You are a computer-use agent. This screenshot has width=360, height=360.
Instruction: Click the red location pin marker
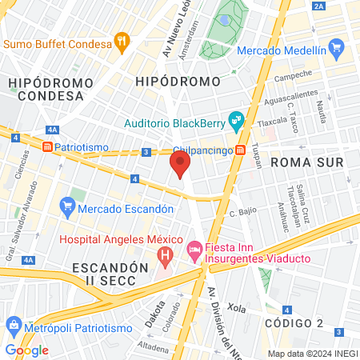[x=180, y=166]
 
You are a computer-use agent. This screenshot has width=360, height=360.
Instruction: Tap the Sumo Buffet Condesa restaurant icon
[x=122, y=41]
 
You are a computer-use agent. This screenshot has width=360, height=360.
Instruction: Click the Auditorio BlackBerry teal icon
[x=236, y=122]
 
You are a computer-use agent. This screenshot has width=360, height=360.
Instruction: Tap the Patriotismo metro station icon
[x=48, y=147]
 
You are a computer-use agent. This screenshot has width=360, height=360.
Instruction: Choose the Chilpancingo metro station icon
[x=240, y=150]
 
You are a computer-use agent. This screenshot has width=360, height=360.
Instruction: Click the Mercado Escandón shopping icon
[x=67, y=209]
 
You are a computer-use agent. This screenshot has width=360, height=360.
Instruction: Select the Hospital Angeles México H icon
[x=166, y=256]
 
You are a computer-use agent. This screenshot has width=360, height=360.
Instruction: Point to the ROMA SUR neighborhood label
[x=307, y=162]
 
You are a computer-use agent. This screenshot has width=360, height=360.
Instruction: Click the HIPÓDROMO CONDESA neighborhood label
[x=46, y=89]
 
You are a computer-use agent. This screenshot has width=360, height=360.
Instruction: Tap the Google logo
[x=26, y=350]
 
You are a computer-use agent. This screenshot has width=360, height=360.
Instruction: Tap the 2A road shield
[x=320, y=6]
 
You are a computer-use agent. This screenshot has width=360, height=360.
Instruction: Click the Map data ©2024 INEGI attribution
[x=312, y=354]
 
